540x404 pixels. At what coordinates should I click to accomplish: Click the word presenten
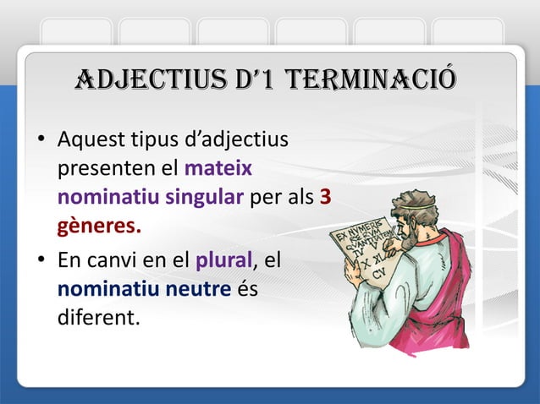[100, 167]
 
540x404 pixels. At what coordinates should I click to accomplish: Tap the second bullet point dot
[41, 261]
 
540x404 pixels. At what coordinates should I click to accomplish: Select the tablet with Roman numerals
[368, 254]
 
